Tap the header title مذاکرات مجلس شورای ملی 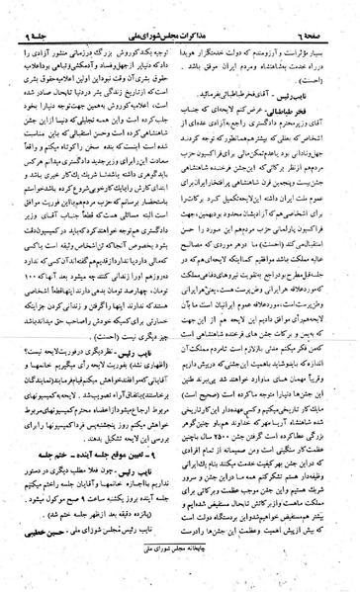point(180,9)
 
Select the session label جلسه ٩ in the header point(39,9)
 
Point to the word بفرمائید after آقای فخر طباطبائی point(239,62)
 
